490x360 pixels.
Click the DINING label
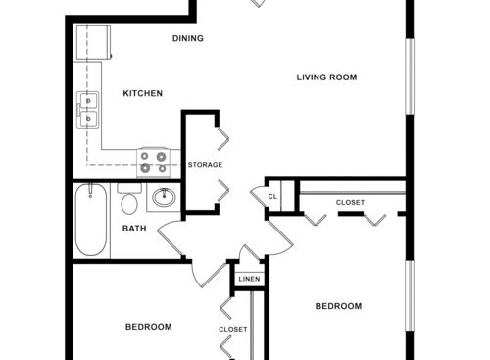pos(187,39)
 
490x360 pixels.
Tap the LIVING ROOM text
pos(326,77)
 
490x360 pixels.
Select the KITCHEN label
pos(142,94)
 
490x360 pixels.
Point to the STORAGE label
pos(205,165)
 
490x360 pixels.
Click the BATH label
pos(134,230)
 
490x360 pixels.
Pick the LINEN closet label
pos(248,281)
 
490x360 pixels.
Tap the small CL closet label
pos(273,196)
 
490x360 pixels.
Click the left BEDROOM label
pos(148,327)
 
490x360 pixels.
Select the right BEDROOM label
pos(337,306)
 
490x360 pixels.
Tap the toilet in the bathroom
pos(128,203)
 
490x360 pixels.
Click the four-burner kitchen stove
pos(153,161)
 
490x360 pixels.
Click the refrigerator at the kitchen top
pos(95,42)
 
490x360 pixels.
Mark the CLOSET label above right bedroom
pos(350,203)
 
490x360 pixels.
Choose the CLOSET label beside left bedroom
pos(233,329)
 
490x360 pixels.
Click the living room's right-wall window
pos(410,73)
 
